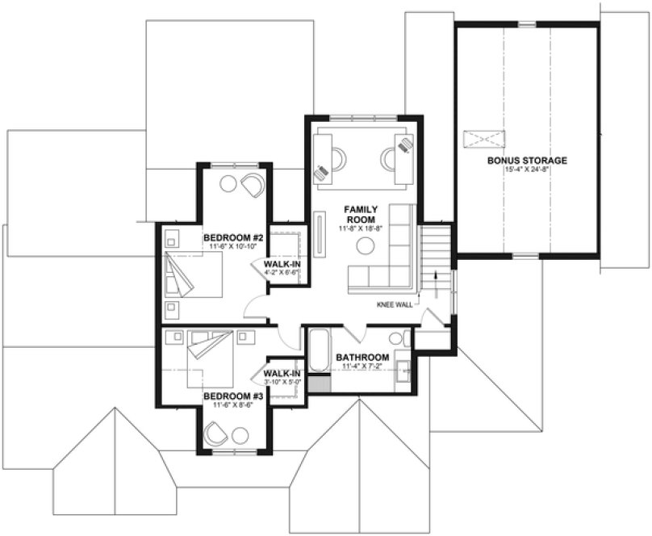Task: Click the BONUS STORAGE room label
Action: pyautogui.click(x=527, y=161)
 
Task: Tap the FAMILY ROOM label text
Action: pyautogui.click(x=362, y=214)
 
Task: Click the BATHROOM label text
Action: pyautogui.click(x=362, y=357)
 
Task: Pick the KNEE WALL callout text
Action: pyautogui.click(x=394, y=305)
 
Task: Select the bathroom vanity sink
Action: pyautogui.click(x=402, y=373)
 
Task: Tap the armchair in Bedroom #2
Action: pyautogui.click(x=253, y=185)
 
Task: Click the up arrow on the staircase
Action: pyautogui.click(x=439, y=279)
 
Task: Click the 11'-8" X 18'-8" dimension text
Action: pyautogui.click(x=362, y=229)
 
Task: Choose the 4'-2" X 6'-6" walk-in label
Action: pyautogui.click(x=282, y=273)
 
